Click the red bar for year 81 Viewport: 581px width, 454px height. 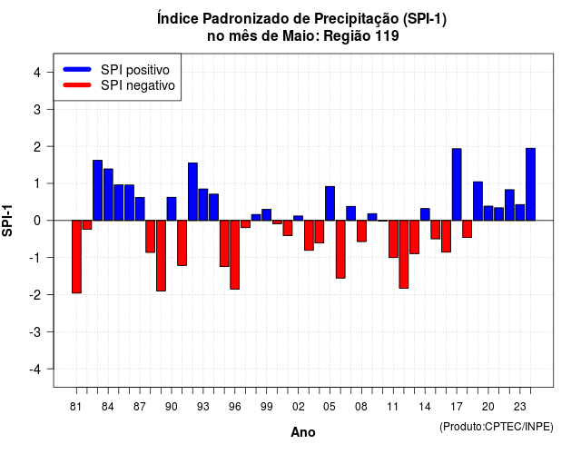(x=76, y=256)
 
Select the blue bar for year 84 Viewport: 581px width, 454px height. (x=108, y=194)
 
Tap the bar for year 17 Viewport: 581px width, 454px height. (x=457, y=184)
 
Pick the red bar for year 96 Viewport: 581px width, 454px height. (x=234, y=254)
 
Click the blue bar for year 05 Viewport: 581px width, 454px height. (x=330, y=203)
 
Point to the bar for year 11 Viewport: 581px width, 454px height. (x=393, y=239)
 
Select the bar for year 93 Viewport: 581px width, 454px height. (x=203, y=204)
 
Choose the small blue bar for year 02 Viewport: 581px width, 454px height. (x=299, y=218)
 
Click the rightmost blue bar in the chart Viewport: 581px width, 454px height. (x=530, y=184)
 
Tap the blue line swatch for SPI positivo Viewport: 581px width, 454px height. (x=77, y=69)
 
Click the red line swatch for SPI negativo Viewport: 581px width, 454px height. (x=77, y=84)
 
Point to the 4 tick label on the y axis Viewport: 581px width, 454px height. (x=37, y=73)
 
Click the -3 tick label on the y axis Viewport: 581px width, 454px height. (x=34, y=331)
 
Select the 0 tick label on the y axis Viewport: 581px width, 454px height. (x=37, y=221)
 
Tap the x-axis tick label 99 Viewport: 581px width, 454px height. (x=266, y=407)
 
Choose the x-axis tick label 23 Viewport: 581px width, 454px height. (x=520, y=407)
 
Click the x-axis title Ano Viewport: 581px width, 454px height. (x=303, y=432)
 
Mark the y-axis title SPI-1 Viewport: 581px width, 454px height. (x=7, y=221)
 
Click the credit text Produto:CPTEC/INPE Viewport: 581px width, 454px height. (x=497, y=427)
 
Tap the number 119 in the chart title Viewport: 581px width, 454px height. (x=387, y=36)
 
